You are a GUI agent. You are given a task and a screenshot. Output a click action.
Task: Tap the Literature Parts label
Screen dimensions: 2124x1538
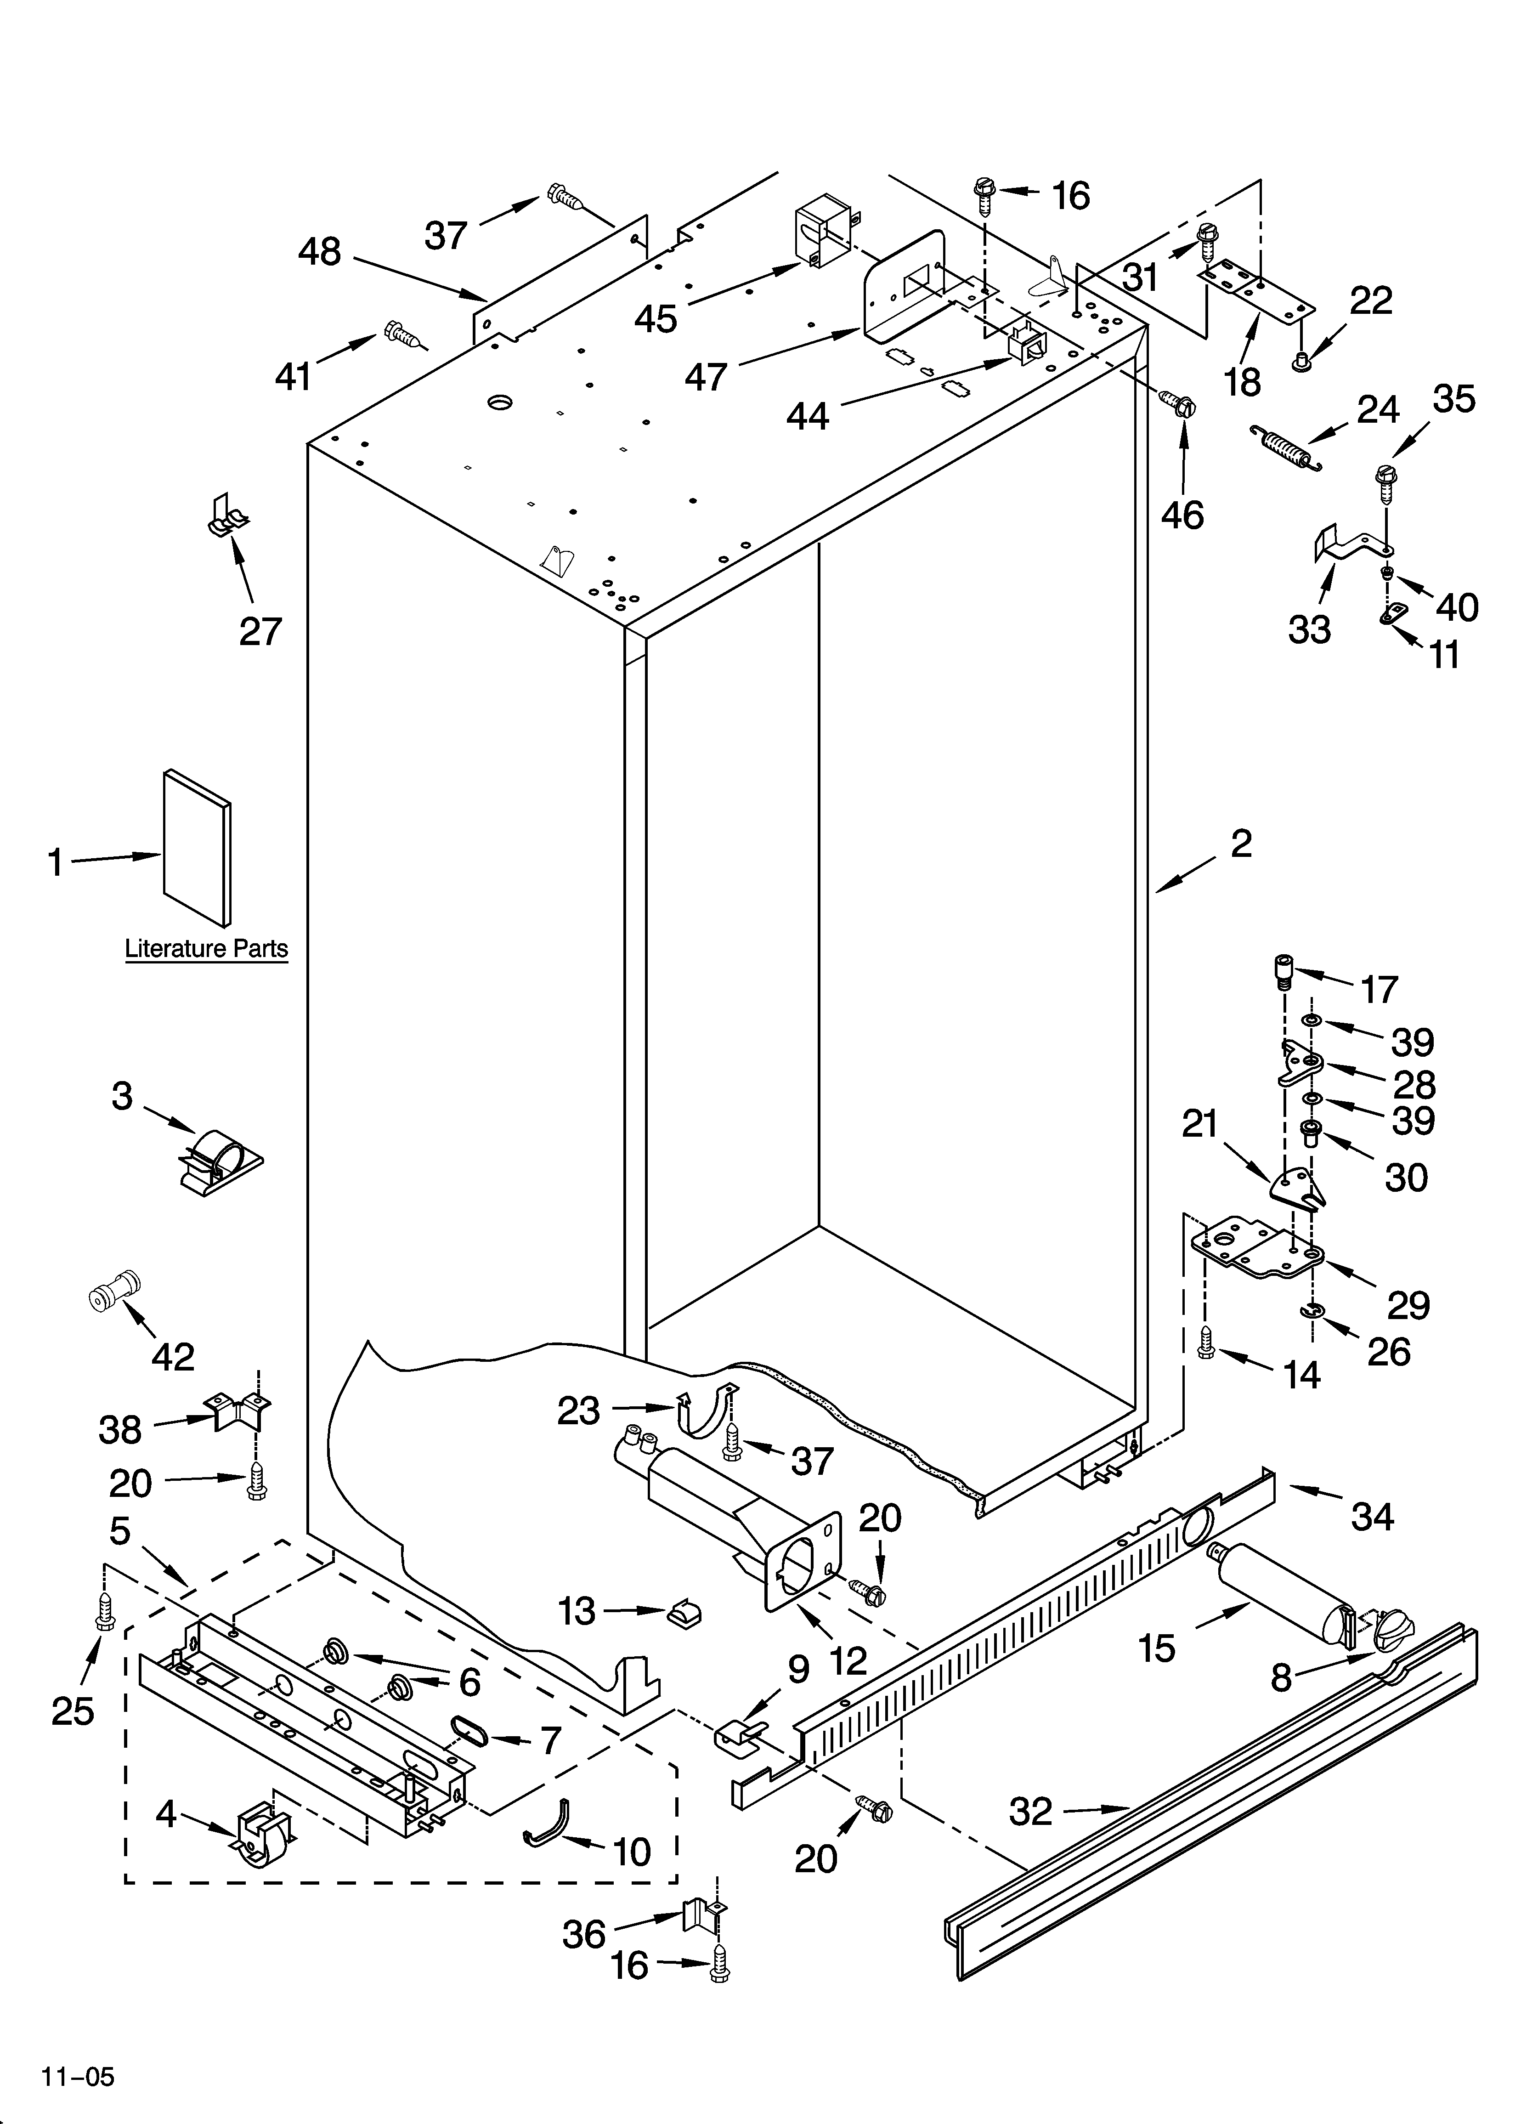tap(206, 949)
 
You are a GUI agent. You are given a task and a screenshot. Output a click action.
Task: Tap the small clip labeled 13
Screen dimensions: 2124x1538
tap(684, 1612)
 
